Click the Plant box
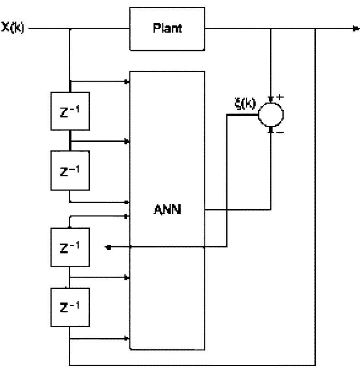(167, 28)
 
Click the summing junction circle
(271, 114)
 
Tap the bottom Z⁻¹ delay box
(70, 306)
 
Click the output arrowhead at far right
(356, 28)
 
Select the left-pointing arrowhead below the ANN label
(108, 247)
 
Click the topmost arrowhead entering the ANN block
(128, 82)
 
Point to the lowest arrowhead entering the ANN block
(128, 338)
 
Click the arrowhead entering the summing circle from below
(271, 129)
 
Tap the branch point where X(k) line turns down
(70, 28)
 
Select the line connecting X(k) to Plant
(100, 28)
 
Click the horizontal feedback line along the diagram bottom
(192, 365)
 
